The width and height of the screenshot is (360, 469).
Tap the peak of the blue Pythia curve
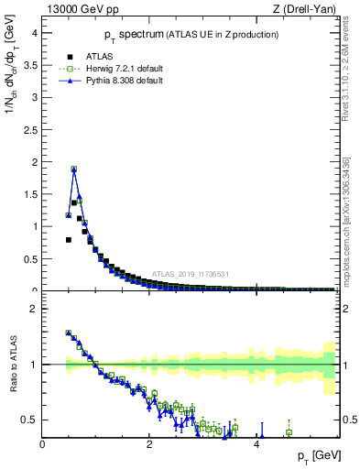coord(74,169)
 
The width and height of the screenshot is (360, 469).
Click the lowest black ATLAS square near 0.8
coord(69,239)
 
